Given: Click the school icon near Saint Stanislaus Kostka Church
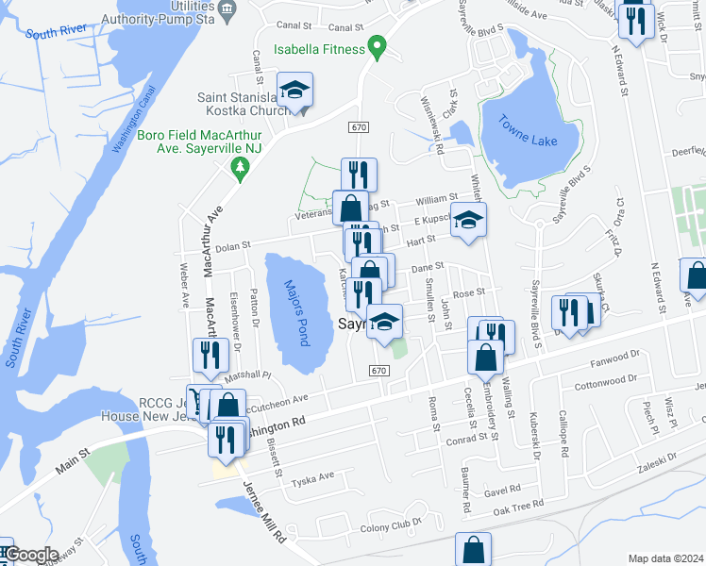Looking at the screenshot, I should pos(294,91).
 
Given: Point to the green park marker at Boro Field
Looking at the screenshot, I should pos(240,168).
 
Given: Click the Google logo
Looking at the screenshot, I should pos(30,555).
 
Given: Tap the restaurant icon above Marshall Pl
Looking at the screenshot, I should pos(210,355).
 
